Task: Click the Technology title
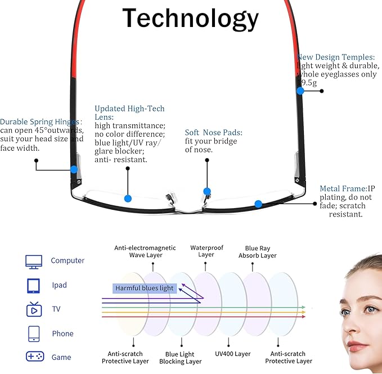point(190,19)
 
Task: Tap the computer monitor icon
point(34,262)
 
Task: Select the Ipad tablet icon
point(33,286)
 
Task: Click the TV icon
point(34,309)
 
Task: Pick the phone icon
point(34,334)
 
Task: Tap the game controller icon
point(35,357)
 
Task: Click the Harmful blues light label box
point(145,289)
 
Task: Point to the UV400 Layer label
point(233,354)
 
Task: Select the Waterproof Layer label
point(206,251)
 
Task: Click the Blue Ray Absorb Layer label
point(258,252)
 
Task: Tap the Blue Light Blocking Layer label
point(180,358)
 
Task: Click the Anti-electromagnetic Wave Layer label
point(145,251)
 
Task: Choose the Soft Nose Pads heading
point(213,133)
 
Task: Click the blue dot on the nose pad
point(207,191)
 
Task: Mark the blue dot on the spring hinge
point(74,169)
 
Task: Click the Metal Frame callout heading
point(344,188)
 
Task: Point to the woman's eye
point(371,309)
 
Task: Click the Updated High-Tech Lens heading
point(129,112)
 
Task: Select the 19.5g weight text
point(307,83)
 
